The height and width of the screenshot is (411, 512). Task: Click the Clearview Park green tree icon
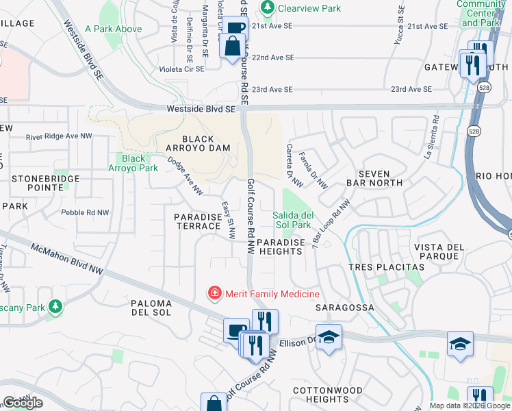click(x=267, y=8)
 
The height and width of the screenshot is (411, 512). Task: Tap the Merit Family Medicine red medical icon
click(x=214, y=294)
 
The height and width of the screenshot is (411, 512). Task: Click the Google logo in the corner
click(x=22, y=403)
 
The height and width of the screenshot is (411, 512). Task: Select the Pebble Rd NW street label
click(x=85, y=212)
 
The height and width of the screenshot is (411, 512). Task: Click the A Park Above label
click(x=114, y=29)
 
